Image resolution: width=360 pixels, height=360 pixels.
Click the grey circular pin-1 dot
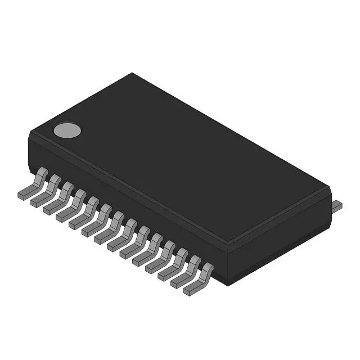(x=67, y=130)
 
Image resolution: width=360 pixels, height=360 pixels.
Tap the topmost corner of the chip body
(x=133, y=73)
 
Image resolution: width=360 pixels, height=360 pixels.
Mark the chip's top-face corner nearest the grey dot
(x=29, y=133)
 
